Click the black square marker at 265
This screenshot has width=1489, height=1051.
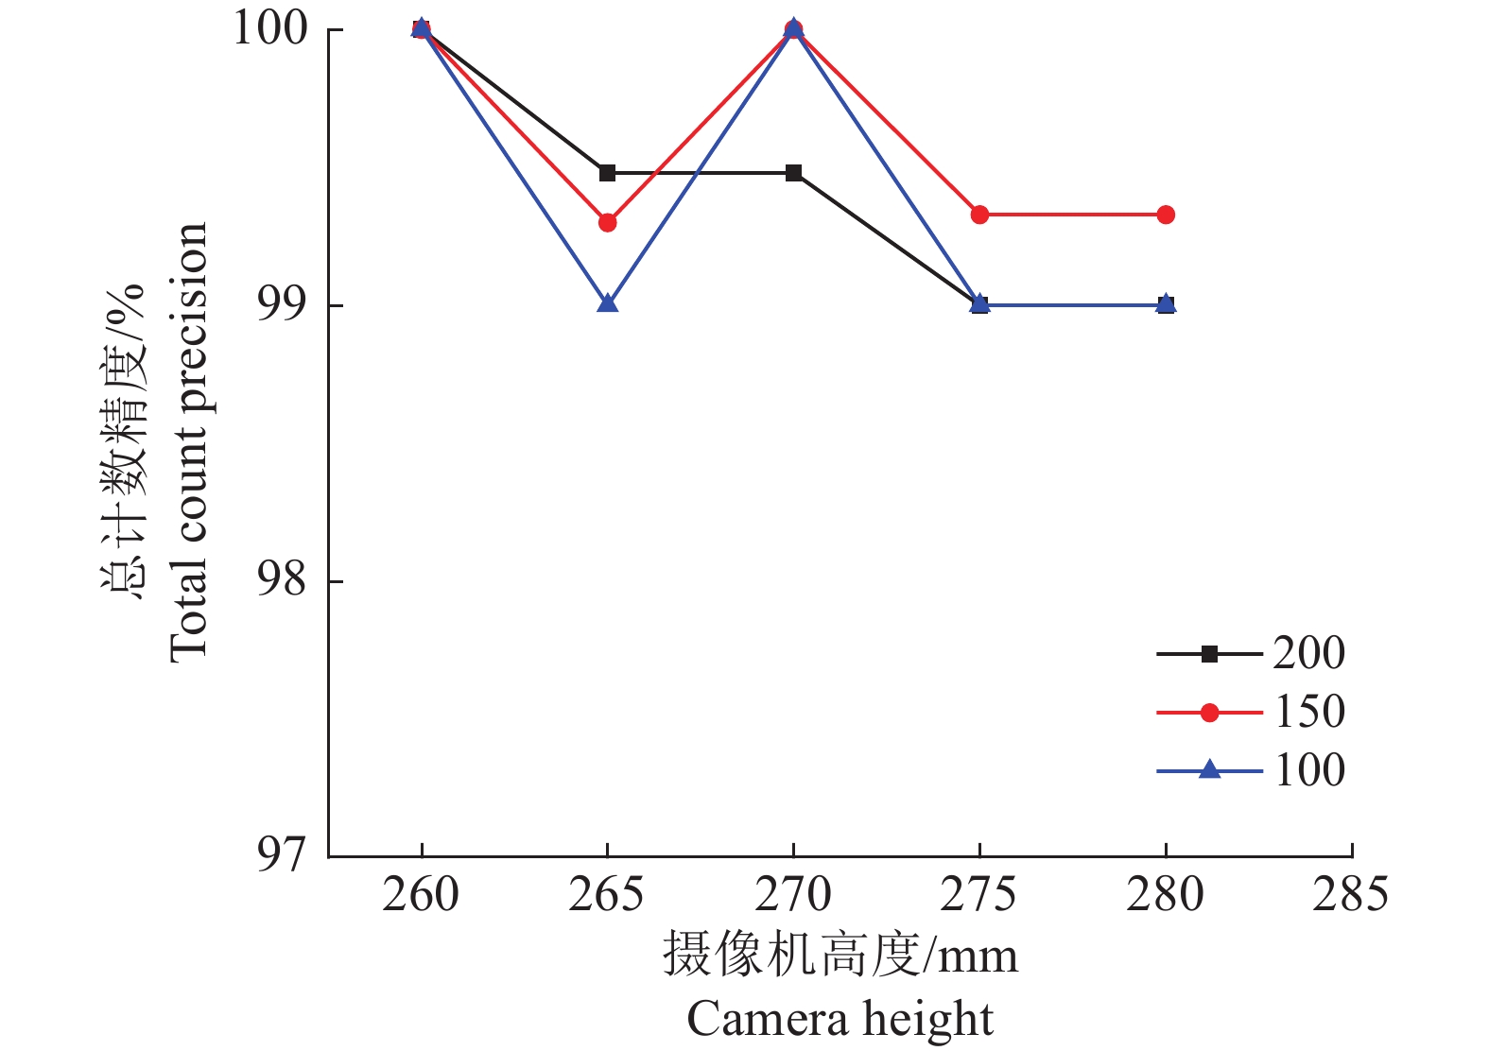607,173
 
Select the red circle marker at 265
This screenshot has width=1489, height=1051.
607,223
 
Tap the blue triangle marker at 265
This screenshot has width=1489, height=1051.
607,303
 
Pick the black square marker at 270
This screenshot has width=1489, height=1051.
793,173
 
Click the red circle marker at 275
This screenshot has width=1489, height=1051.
979,215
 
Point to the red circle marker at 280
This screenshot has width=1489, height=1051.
1166,215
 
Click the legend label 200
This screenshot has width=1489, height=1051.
1308,653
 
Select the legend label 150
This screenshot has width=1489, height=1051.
1309,712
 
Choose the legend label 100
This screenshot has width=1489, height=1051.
1309,770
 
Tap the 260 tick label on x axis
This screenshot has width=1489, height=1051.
421,894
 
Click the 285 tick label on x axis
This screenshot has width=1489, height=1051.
1350,894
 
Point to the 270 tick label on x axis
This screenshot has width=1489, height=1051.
793,894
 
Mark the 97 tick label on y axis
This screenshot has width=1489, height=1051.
283,855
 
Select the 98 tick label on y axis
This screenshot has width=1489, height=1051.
283,580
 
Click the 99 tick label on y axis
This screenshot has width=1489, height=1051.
283,305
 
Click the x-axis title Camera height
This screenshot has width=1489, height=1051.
840,1019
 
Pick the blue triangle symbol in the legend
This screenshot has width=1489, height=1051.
1209,770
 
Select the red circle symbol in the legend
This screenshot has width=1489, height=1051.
1209,713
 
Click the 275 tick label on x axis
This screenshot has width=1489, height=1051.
978,894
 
